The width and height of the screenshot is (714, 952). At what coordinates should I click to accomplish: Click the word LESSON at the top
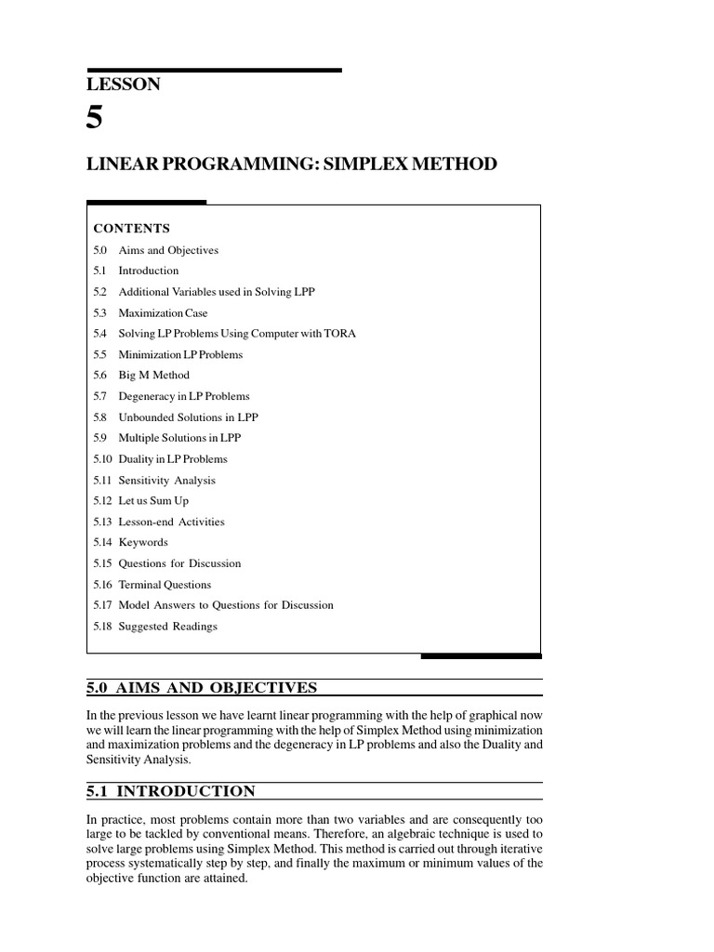click(124, 85)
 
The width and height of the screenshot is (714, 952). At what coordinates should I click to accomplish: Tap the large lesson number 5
click(97, 119)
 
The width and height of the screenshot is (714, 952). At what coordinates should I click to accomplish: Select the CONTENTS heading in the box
click(131, 228)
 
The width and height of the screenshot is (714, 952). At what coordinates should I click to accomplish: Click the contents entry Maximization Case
click(163, 313)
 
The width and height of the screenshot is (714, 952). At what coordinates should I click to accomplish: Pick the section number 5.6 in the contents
click(101, 376)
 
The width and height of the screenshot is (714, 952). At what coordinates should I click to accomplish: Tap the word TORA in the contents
click(340, 334)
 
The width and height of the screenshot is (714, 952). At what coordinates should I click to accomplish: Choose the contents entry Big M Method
click(153, 376)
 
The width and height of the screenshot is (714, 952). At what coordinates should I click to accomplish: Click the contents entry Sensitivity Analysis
click(166, 481)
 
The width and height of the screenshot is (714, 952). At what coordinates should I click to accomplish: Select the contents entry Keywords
click(143, 543)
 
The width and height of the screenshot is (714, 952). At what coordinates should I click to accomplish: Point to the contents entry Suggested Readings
click(167, 627)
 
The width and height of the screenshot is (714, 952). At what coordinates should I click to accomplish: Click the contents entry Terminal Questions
click(165, 585)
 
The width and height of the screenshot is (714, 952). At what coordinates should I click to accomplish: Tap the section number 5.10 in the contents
click(102, 459)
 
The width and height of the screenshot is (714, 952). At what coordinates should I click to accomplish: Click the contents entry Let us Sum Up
click(153, 501)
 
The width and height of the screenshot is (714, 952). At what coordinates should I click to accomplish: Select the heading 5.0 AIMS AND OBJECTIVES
click(202, 688)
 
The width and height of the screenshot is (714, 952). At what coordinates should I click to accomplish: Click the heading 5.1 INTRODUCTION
click(170, 791)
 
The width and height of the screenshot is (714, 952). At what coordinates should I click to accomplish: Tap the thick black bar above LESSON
click(214, 70)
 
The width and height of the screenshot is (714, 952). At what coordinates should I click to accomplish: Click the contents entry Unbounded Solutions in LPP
click(188, 417)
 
